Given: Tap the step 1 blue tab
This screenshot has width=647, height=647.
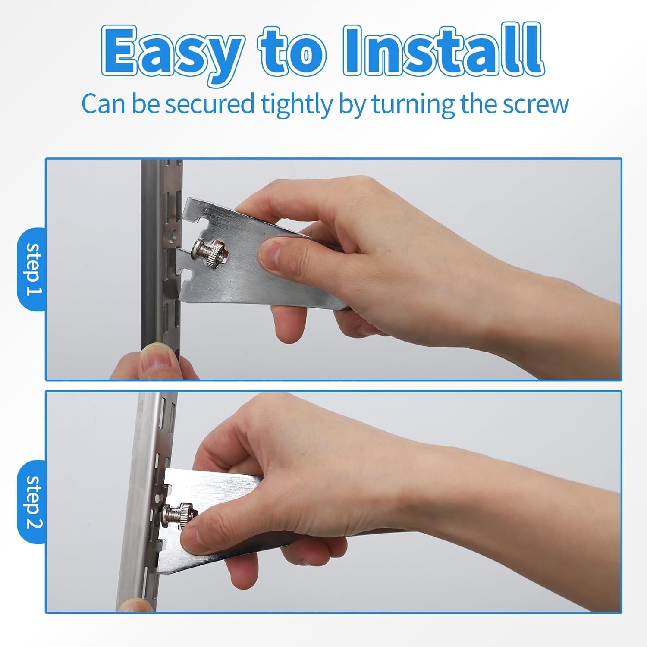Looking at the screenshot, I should coord(31,269).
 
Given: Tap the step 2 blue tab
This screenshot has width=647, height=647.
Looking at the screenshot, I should coord(31,502).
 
